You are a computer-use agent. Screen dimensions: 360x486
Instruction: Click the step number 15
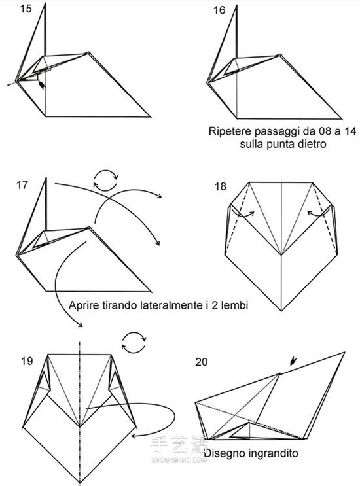click(26, 9)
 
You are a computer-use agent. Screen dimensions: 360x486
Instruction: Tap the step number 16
click(219, 10)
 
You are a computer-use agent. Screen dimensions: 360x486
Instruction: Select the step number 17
click(22, 185)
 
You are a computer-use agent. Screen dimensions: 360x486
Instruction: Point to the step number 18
click(221, 186)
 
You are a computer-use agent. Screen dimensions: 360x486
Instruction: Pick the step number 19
click(27, 361)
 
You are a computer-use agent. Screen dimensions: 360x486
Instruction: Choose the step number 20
click(202, 362)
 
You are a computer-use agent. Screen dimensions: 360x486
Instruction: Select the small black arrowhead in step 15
click(41, 84)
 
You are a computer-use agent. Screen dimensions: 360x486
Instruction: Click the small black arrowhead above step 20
click(293, 361)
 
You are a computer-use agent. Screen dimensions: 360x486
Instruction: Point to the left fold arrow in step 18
click(242, 214)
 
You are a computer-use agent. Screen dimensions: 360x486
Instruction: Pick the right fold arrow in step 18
click(319, 213)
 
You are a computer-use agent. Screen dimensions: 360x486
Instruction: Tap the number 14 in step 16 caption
click(350, 131)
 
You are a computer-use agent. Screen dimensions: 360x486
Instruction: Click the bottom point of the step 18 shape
click(281, 310)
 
